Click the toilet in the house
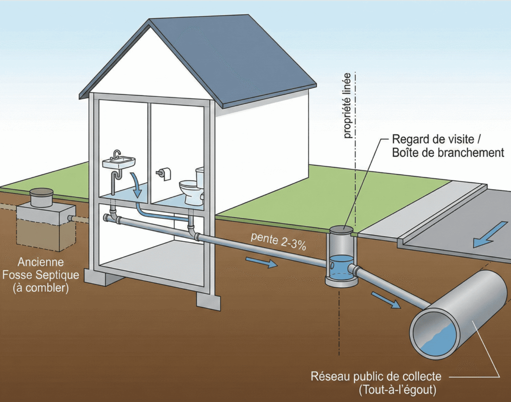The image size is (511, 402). (x=192, y=188)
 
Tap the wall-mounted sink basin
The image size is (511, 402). (x=119, y=162)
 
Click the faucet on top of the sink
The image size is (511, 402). (x=116, y=154)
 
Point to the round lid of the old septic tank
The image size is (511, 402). (x=41, y=193)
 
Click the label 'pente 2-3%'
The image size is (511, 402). (x=278, y=241)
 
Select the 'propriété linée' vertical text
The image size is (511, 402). (x=347, y=106)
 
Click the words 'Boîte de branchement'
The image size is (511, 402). (x=448, y=153)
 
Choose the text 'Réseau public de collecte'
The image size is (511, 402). (x=376, y=376)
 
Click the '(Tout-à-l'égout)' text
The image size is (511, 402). (x=398, y=390)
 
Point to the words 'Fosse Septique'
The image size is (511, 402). (x=41, y=275)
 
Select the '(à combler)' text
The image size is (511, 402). (x=41, y=288)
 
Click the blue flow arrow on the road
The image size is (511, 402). (x=491, y=235)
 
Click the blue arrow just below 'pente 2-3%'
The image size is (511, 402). (x=261, y=262)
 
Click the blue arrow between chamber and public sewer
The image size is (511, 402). (x=386, y=300)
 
